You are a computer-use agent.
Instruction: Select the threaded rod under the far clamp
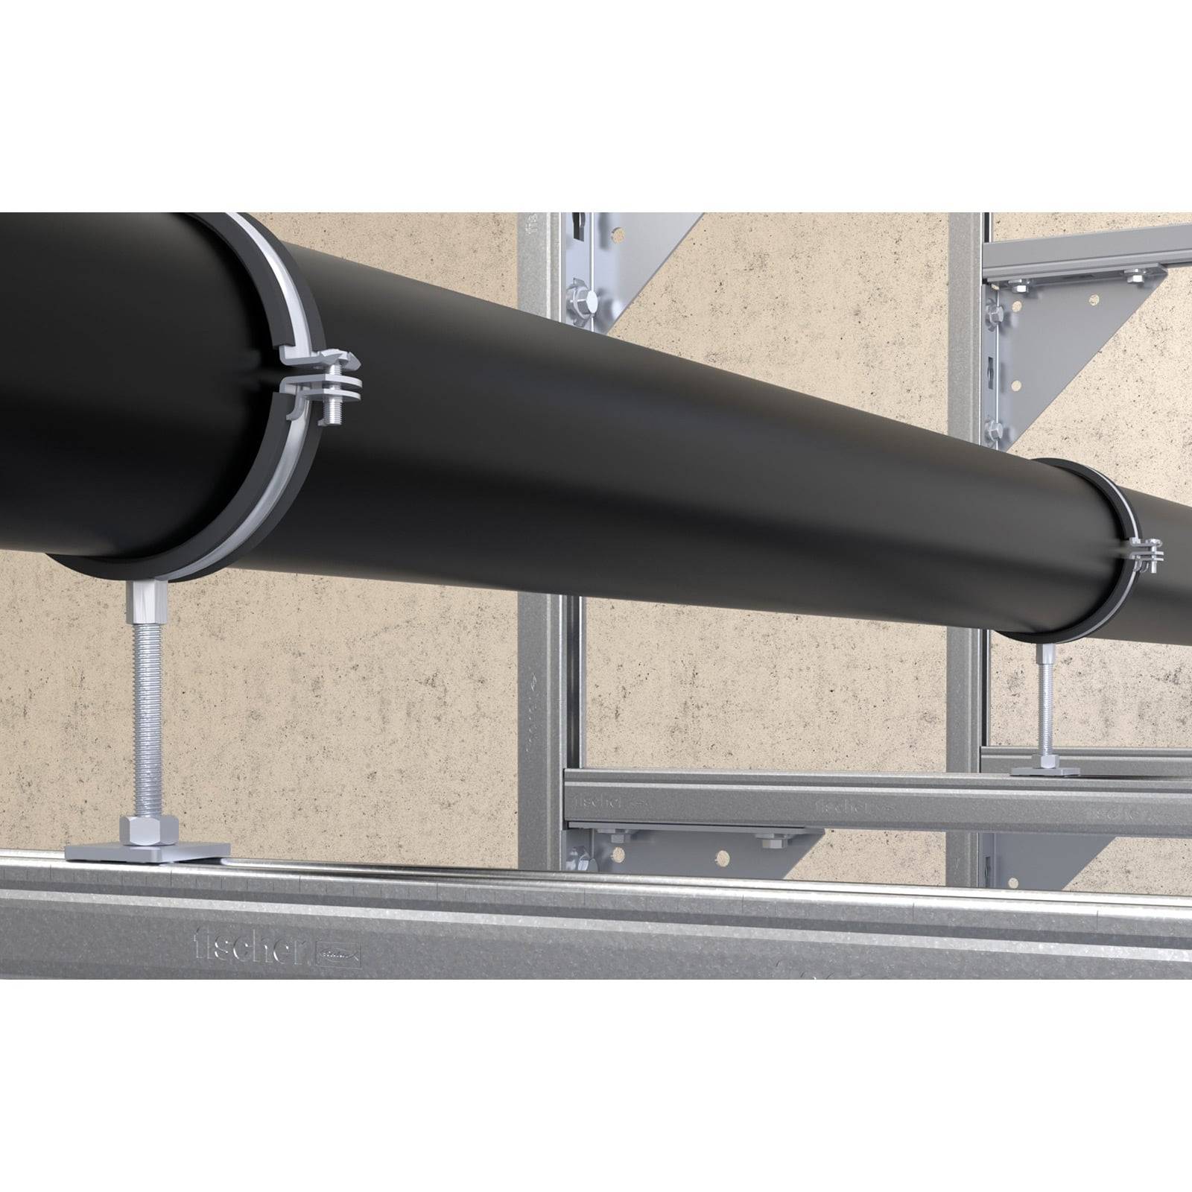click(1046, 708)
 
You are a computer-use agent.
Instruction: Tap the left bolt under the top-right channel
click(1018, 282)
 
